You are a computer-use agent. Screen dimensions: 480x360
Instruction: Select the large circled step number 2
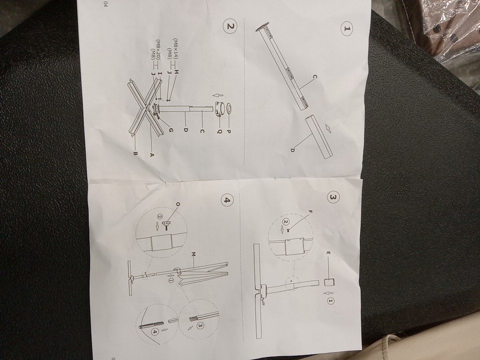point(231,26)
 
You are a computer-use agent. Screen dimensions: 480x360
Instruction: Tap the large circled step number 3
point(333,197)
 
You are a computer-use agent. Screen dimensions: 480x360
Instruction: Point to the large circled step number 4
point(227,200)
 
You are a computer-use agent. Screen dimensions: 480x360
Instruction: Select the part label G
point(171,130)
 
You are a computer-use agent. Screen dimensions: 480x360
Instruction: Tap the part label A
point(150,155)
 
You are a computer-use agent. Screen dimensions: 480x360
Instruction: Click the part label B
point(135,153)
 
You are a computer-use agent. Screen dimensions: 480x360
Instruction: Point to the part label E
point(327,253)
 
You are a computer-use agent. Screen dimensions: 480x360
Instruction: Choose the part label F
point(310,211)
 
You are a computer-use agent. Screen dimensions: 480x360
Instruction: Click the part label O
point(178,204)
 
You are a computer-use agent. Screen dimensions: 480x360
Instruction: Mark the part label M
point(193,254)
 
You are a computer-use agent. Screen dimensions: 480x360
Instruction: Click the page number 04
point(105,4)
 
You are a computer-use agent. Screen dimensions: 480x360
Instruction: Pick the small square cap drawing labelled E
point(329,281)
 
